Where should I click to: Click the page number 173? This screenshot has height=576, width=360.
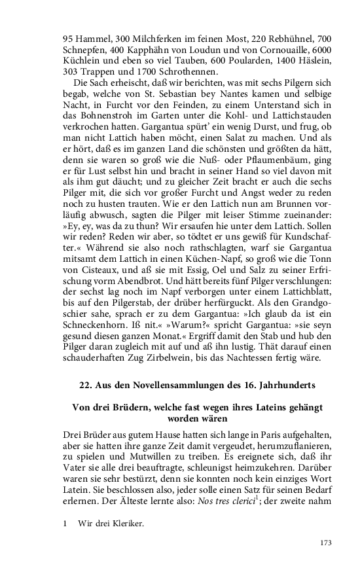pos(326,542)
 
